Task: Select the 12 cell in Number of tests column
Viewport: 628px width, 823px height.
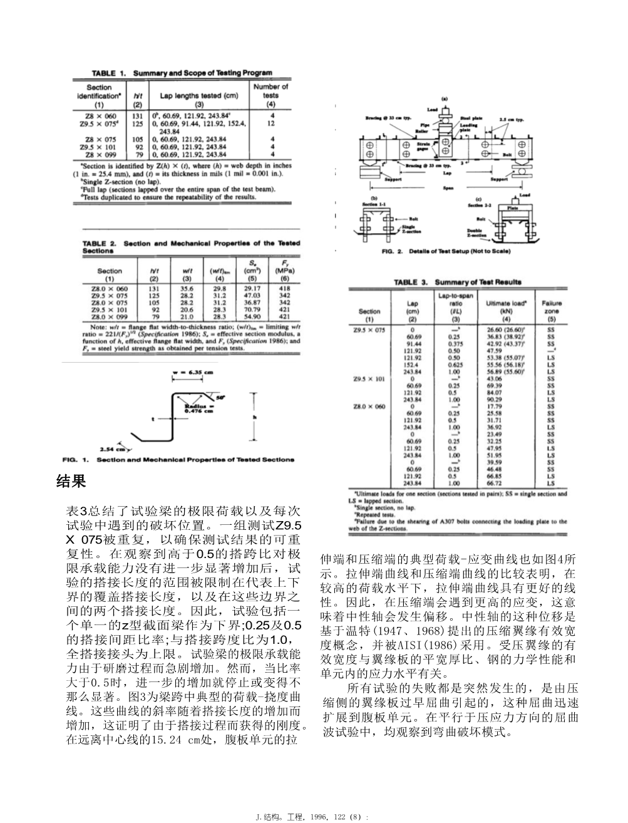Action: click(270, 123)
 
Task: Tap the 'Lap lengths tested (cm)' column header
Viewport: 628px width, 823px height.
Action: click(198, 96)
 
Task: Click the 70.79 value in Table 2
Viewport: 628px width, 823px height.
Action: click(252, 308)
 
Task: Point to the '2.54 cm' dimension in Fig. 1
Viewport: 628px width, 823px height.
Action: click(112, 448)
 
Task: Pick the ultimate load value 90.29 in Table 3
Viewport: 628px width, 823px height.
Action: click(494, 399)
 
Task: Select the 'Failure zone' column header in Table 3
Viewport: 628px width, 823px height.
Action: click(551, 307)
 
